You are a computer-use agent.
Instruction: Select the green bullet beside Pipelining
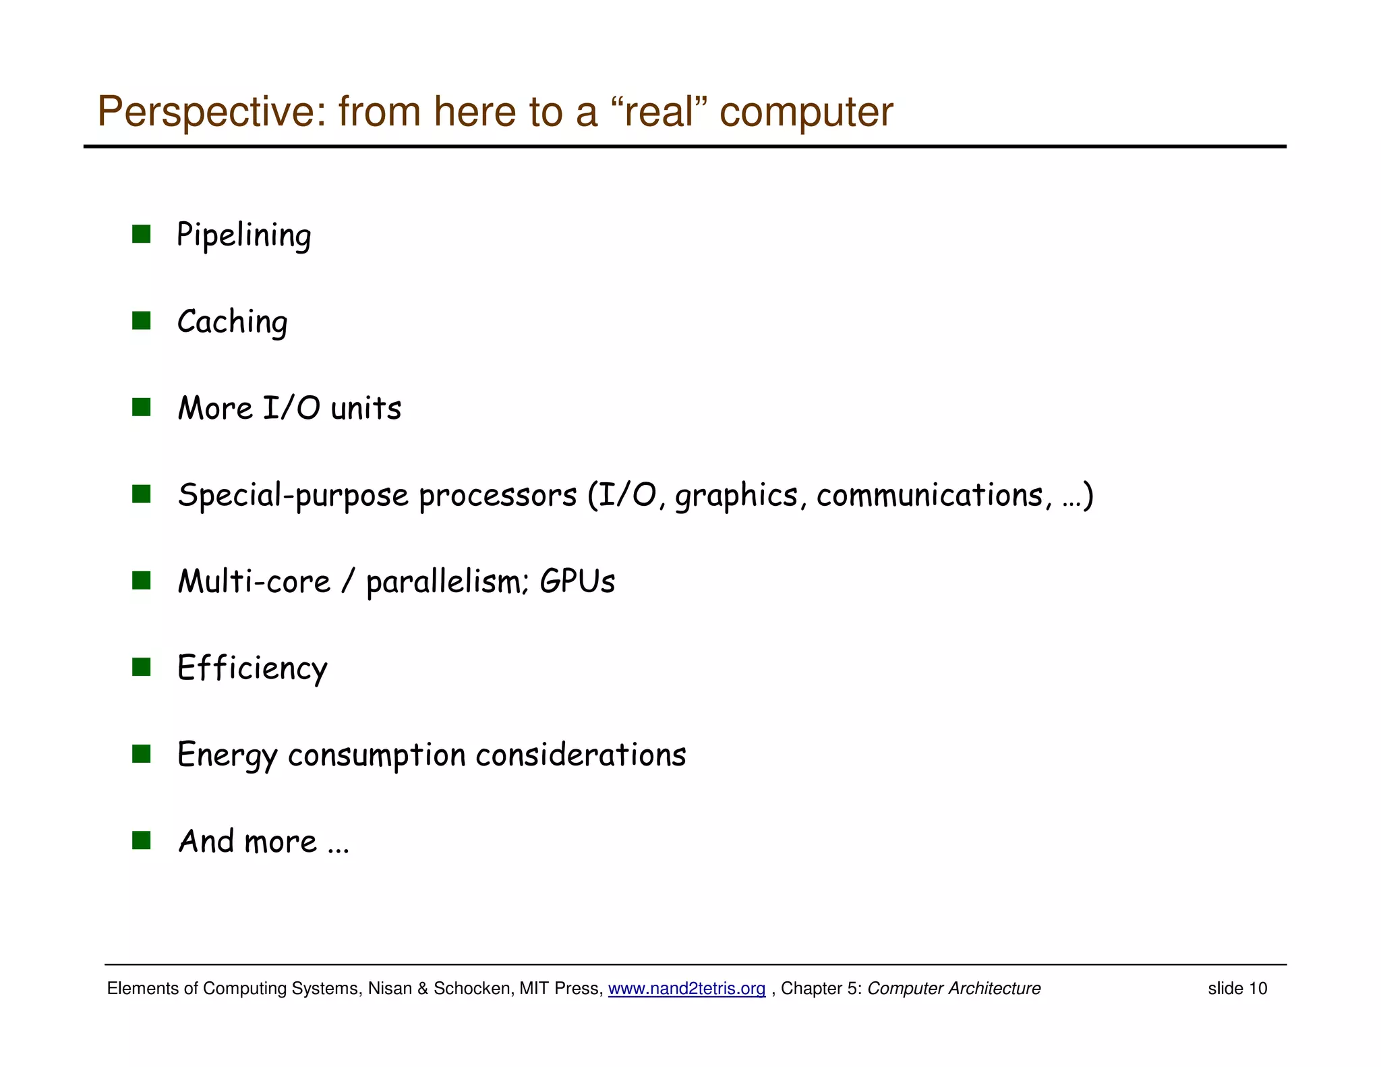coord(141,234)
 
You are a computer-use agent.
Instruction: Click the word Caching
coord(232,322)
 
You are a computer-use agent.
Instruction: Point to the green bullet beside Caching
coord(141,320)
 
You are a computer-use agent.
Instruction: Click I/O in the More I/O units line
coord(291,408)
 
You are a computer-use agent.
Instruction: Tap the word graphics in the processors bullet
coord(736,495)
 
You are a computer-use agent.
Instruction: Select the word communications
coord(929,495)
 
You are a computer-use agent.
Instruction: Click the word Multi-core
coord(254,581)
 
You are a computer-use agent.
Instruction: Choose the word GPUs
coord(577,581)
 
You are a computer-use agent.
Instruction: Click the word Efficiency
coord(252,668)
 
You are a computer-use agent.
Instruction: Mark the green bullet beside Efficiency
coord(141,667)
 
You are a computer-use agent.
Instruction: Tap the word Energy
coord(227,755)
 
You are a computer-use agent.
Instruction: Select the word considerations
coord(581,755)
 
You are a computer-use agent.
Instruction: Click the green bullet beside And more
coord(141,840)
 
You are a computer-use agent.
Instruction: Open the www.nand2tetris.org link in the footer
coord(686,989)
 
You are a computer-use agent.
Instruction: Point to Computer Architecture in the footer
coord(953,989)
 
